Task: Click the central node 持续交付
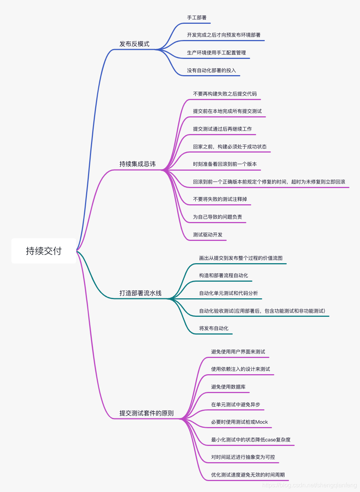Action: pyautogui.click(x=43, y=251)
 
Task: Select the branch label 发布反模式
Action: pyautogui.click(x=134, y=44)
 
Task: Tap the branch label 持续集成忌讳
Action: pyautogui.click(x=138, y=164)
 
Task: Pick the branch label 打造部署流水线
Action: pyautogui.click(x=141, y=293)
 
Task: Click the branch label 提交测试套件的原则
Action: pyautogui.click(x=147, y=413)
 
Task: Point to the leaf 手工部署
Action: pyautogui.click(x=197, y=18)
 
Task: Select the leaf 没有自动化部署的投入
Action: pyautogui.click(x=212, y=71)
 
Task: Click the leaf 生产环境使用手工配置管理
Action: pyautogui.click(x=216, y=53)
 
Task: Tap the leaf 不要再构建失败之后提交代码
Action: pyautogui.click(x=225, y=94)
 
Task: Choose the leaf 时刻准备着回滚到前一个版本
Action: pyautogui.click(x=225, y=164)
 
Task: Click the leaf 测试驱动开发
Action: pyautogui.click(x=208, y=235)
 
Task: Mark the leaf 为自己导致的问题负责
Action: pyautogui.click(x=218, y=217)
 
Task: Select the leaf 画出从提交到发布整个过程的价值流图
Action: pyautogui.click(x=241, y=258)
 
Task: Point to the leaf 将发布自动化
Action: pyautogui.click(x=214, y=329)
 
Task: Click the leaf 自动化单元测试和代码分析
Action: pyautogui.click(x=229, y=293)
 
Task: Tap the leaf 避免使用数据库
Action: pyautogui.click(x=228, y=387)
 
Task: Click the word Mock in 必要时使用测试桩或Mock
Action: pyautogui.click(x=261, y=422)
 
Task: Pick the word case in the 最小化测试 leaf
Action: pyautogui.click(x=270, y=440)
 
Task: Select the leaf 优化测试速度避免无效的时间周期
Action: pyautogui.click(x=248, y=475)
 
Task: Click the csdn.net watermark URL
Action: pyautogui.click(x=309, y=485)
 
